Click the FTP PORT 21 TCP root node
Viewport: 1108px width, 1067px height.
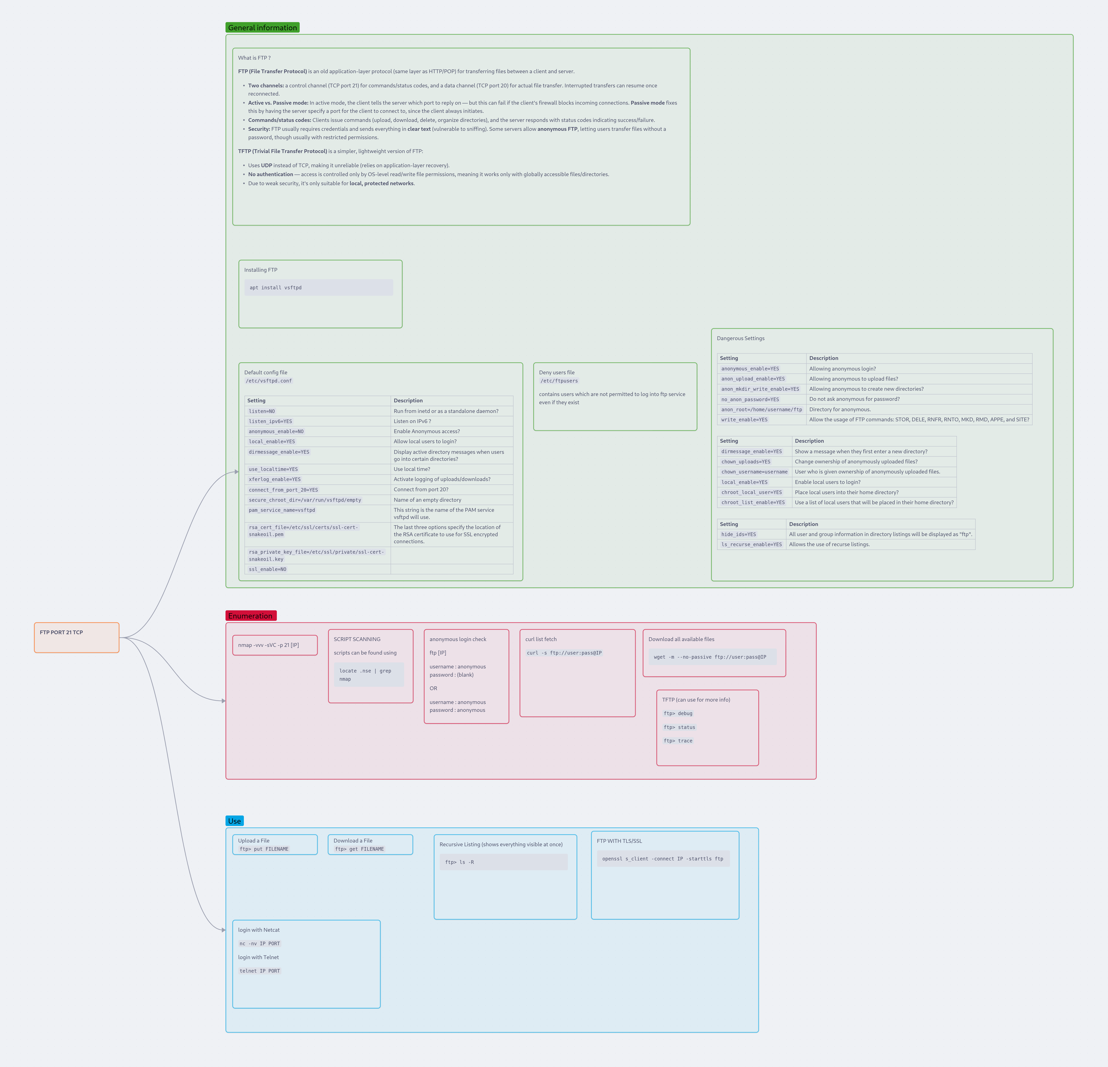(x=76, y=637)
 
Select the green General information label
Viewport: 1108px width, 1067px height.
(x=262, y=28)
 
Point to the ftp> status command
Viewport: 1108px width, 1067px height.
(x=680, y=727)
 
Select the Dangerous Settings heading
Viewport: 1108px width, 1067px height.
(x=741, y=338)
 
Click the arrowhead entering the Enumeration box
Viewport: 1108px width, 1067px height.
(x=224, y=701)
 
